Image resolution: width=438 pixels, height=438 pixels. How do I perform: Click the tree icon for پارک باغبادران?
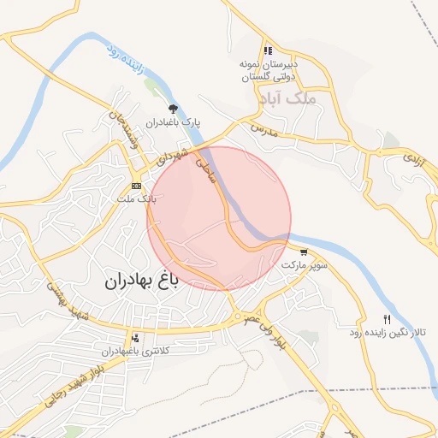tap(175, 109)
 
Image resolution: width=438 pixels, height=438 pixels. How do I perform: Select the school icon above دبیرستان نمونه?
tap(269, 50)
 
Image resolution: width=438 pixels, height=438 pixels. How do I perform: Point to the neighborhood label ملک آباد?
tap(291, 98)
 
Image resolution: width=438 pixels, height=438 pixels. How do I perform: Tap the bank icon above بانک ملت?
tap(136, 186)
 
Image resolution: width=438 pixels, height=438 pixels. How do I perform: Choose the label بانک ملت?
tap(137, 198)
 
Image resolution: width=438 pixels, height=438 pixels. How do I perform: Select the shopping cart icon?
tap(304, 252)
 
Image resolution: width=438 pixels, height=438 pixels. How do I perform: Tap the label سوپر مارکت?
tap(305, 265)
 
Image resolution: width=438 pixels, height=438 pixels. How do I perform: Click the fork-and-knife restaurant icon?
tap(387, 318)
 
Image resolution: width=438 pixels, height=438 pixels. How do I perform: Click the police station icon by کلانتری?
tap(136, 338)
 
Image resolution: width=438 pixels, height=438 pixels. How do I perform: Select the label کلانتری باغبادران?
tap(137, 351)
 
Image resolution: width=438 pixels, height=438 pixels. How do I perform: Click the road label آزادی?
tap(412, 157)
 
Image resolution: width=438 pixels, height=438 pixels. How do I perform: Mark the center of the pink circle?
tap(219, 218)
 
